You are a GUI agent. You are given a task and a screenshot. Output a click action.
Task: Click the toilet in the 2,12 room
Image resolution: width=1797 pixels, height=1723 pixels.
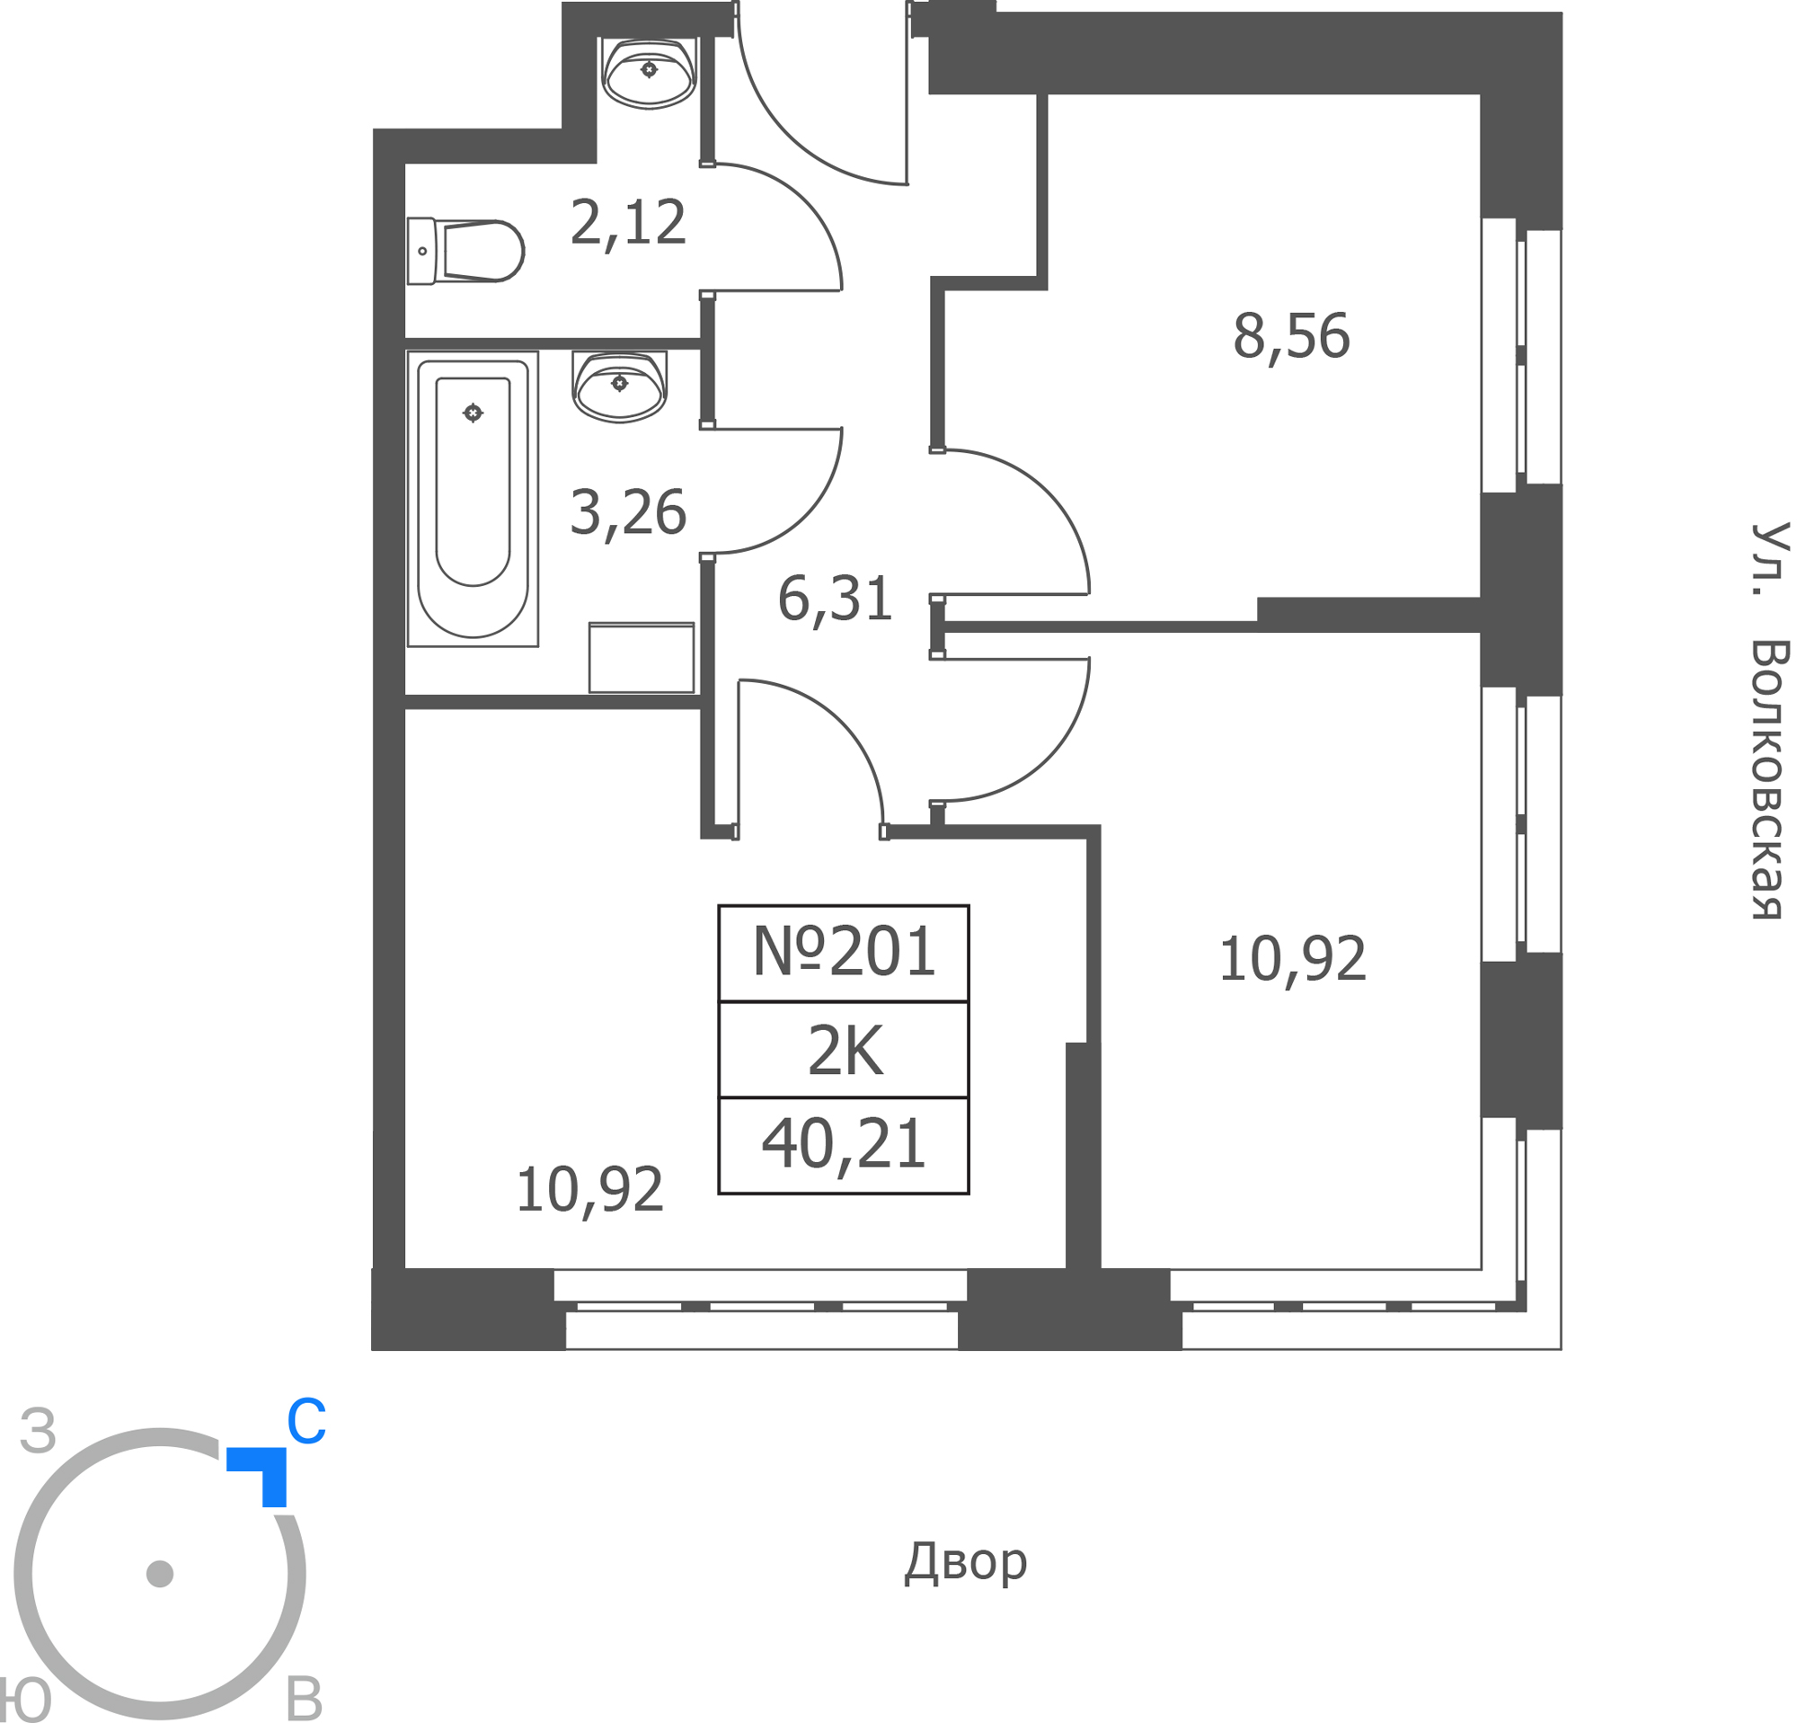[465, 251]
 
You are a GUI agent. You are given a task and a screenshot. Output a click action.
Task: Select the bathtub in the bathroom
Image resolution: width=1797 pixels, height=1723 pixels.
[473, 499]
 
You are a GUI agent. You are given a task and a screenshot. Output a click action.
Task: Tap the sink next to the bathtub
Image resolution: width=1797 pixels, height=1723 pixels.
[619, 386]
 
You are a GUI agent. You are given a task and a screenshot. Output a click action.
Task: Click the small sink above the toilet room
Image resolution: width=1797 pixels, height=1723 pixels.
[648, 74]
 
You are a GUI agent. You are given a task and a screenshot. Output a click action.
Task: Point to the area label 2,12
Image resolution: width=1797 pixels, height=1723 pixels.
[628, 223]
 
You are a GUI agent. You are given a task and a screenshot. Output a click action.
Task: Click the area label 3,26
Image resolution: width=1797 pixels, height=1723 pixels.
[628, 512]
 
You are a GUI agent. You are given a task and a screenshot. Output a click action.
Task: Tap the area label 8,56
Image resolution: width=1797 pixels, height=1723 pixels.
[1291, 336]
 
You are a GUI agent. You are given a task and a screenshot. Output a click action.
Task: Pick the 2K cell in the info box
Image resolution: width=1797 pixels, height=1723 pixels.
[845, 1051]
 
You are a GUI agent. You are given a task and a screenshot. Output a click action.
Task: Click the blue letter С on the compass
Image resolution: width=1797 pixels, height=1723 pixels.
[305, 1422]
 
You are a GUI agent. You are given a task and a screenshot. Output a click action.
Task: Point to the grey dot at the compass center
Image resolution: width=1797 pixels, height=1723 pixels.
[160, 1574]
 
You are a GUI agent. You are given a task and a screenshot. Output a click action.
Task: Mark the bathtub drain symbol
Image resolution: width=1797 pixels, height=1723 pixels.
[473, 413]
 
